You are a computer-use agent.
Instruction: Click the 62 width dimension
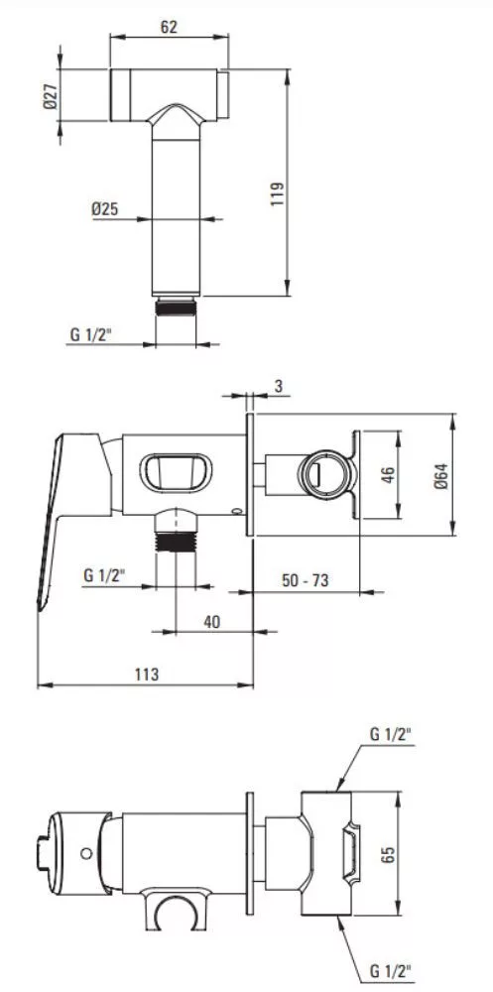click(x=169, y=26)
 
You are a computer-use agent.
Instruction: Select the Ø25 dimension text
click(x=105, y=208)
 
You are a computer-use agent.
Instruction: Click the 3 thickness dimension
click(x=279, y=385)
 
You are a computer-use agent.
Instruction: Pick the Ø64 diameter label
click(x=440, y=475)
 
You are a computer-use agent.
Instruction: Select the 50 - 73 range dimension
click(x=306, y=579)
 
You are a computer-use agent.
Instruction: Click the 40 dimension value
click(x=212, y=621)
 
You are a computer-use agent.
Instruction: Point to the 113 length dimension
click(x=147, y=674)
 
